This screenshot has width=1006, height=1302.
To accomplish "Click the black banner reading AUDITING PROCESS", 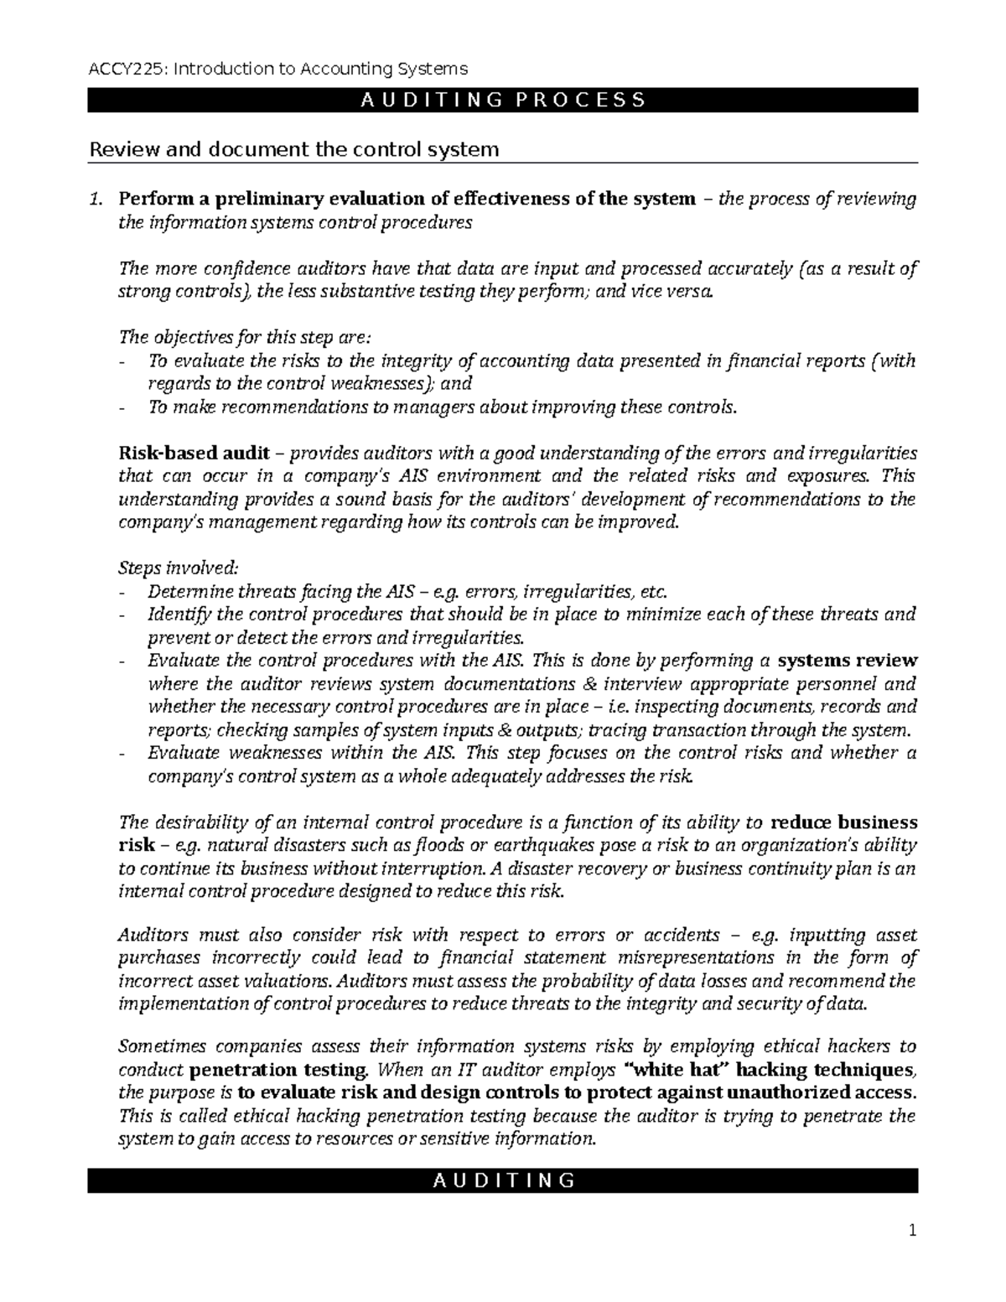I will coord(503,101).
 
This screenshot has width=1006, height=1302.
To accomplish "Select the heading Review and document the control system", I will coord(293,149).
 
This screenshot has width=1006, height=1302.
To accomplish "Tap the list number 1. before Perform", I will coord(97,199).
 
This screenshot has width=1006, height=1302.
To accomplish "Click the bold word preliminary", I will coord(267,199).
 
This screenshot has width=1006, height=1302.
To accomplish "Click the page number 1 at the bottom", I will coord(914,1231).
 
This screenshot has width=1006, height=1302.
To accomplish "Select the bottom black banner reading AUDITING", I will coord(503,1180).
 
